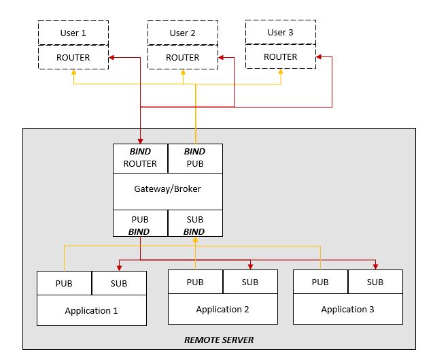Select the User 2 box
[183, 33]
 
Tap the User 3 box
[280, 32]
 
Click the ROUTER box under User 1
[73, 57]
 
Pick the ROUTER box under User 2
[183, 57]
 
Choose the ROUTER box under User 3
[280, 56]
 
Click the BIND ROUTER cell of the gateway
[140, 157]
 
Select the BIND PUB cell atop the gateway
[194, 157]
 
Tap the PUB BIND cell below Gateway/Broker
[140, 224]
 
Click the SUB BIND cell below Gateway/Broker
[194, 224]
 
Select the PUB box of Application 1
[64, 282]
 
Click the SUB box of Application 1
[119, 282]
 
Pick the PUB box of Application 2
[195, 282]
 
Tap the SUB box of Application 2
[250, 282]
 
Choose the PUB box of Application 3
[320, 282]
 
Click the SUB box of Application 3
[375, 282]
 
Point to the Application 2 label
[222, 310]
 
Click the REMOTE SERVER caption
[219, 340]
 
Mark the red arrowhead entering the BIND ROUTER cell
[140, 140]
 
